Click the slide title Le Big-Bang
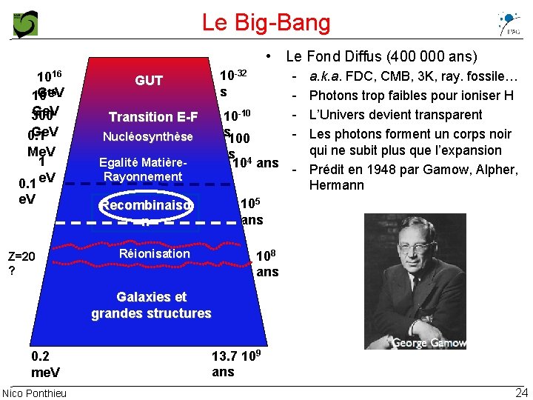pos(266,22)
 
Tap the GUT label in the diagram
pos(149,81)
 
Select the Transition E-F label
pos(153,117)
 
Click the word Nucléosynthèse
pos(148,136)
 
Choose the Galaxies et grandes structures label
pos(151,305)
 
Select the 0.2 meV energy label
pos(45,364)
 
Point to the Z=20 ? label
pos(22,264)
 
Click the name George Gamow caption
pos(429,343)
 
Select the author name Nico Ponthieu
pos(34,393)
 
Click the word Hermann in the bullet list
pos(337,185)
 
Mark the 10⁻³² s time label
pos(233,82)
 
